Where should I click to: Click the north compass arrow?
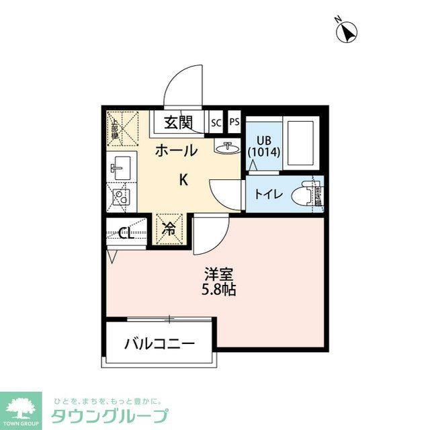(347, 32)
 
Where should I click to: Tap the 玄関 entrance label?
(179, 123)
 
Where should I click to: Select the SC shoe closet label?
(216, 123)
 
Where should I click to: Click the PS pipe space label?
(234, 122)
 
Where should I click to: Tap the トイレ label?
(267, 195)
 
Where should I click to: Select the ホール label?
(176, 150)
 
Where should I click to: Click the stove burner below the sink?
(120, 197)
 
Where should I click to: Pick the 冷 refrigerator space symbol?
(169, 229)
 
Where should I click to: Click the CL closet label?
(125, 234)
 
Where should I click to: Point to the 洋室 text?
(219, 275)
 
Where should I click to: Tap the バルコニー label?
(160, 344)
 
